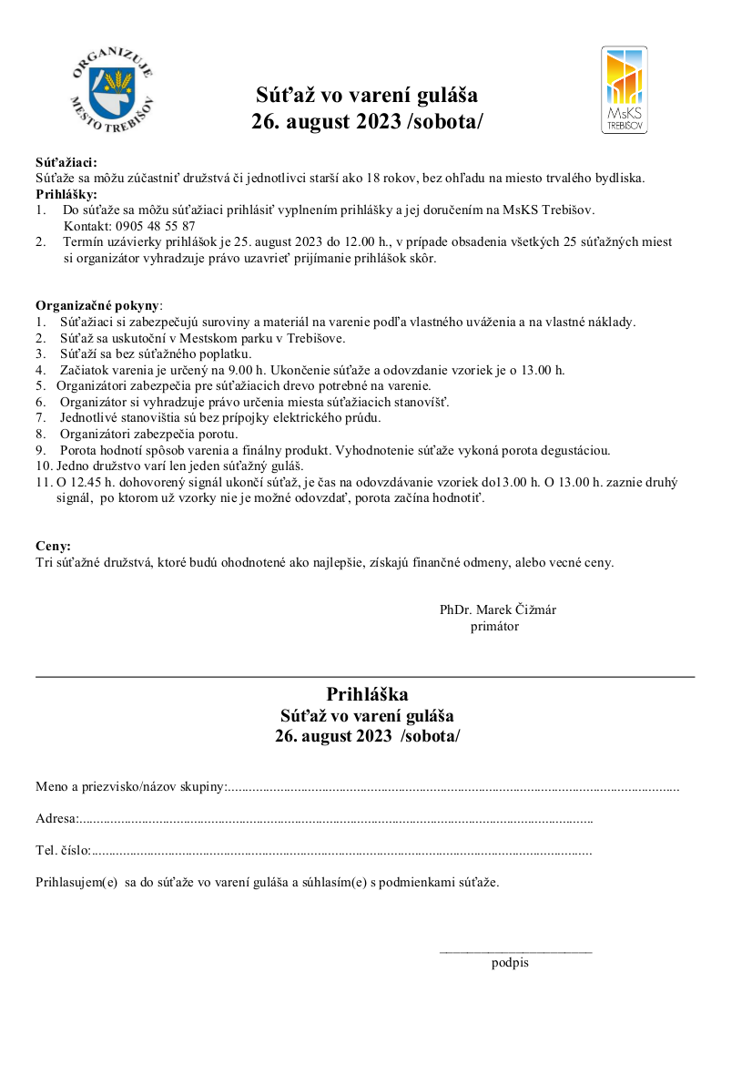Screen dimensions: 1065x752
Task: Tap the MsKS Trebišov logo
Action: pos(625,90)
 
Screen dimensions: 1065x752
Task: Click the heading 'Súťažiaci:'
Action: pos(66,163)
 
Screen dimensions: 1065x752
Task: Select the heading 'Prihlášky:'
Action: pos(66,194)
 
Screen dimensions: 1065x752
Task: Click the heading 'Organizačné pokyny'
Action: pos(97,305)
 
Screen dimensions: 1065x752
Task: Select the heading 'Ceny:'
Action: pos(53,546)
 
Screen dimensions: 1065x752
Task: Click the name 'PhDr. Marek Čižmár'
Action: pos(498,609)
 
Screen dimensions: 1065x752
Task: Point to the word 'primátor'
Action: pos(494,626)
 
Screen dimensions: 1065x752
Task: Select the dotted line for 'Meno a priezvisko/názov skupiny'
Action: pos(453,786)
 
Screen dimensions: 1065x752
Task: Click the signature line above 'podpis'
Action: pos(515,953)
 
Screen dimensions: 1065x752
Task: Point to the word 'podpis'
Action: pos(510,963)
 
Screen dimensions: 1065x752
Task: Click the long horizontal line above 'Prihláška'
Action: pos(364,677)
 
